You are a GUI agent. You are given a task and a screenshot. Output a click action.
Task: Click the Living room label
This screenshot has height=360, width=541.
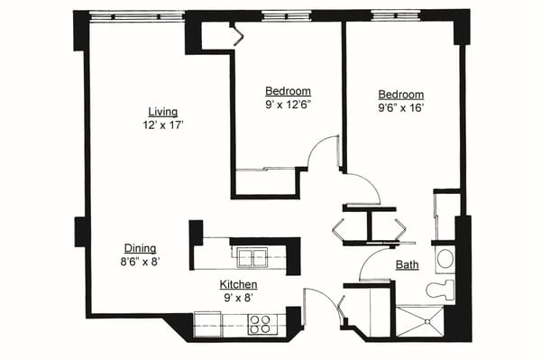(x=162, y=112)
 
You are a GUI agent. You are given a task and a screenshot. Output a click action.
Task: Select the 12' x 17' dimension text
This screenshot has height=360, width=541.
(x=162, y=126)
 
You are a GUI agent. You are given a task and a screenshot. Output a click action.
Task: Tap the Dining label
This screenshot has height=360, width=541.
(x=140, y=249)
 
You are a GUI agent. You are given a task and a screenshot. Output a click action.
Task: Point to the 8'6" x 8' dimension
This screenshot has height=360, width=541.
(x=140, y=263)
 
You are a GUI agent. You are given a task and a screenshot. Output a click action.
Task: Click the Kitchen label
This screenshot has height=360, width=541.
(x=239, y=285)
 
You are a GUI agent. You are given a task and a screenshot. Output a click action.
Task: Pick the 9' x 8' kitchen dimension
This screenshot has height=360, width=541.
(x=239, y=299)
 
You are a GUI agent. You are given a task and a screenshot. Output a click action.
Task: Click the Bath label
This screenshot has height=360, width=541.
(x=407, y=265)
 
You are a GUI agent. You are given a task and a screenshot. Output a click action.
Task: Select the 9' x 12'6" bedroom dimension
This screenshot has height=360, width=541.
(x=289, y=106)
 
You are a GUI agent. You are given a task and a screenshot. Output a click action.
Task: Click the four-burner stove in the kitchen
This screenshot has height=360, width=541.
(x=261, y=323)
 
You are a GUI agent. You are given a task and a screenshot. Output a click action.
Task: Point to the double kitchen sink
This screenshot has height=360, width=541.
(x=252, y=258)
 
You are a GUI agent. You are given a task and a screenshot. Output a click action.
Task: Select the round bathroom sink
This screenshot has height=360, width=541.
(x=445, y=260)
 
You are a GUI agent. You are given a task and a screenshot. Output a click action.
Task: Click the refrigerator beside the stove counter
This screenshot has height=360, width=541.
(x=207, y=322)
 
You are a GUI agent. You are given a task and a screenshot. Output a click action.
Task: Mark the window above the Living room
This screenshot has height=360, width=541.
(x=134, y=15)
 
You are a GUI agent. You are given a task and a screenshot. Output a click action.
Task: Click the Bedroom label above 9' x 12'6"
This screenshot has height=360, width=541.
(x=289, y=91)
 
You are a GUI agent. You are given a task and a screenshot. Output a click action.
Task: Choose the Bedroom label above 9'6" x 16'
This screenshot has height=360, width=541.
(x=400, y=94)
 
